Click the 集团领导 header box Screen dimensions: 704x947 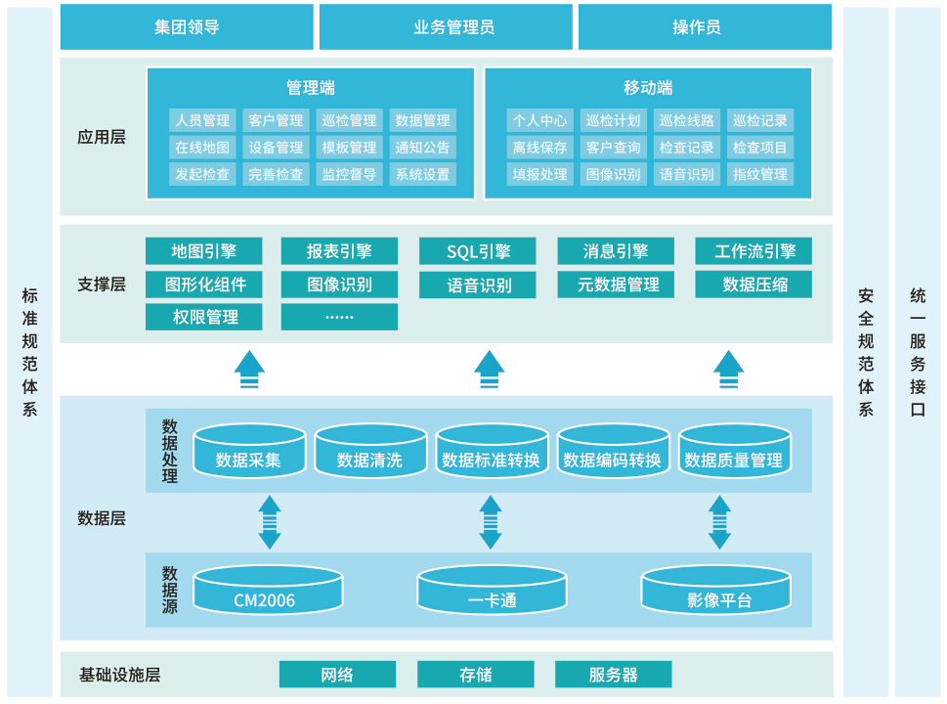(187, 27)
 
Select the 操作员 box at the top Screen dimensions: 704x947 (705, 27)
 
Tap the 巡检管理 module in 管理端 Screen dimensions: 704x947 (349, 120)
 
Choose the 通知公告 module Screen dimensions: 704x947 (422, 148)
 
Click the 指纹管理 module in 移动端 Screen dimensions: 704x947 (759, 175)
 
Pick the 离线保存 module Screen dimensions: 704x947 (539, 148)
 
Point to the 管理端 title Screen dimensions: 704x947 (311, 88)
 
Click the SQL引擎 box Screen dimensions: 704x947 (478, 251)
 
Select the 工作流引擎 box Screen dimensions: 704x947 (754, 251)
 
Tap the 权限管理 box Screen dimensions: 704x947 (204, 317)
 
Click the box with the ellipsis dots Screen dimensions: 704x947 (339, 317)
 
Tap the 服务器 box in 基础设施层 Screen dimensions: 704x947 (613, 675)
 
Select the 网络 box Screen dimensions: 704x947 (337, 675)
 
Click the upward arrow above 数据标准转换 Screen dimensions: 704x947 (490, 370)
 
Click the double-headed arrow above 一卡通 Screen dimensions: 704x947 (491, 522)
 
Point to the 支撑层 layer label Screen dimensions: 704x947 (102, 285)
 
